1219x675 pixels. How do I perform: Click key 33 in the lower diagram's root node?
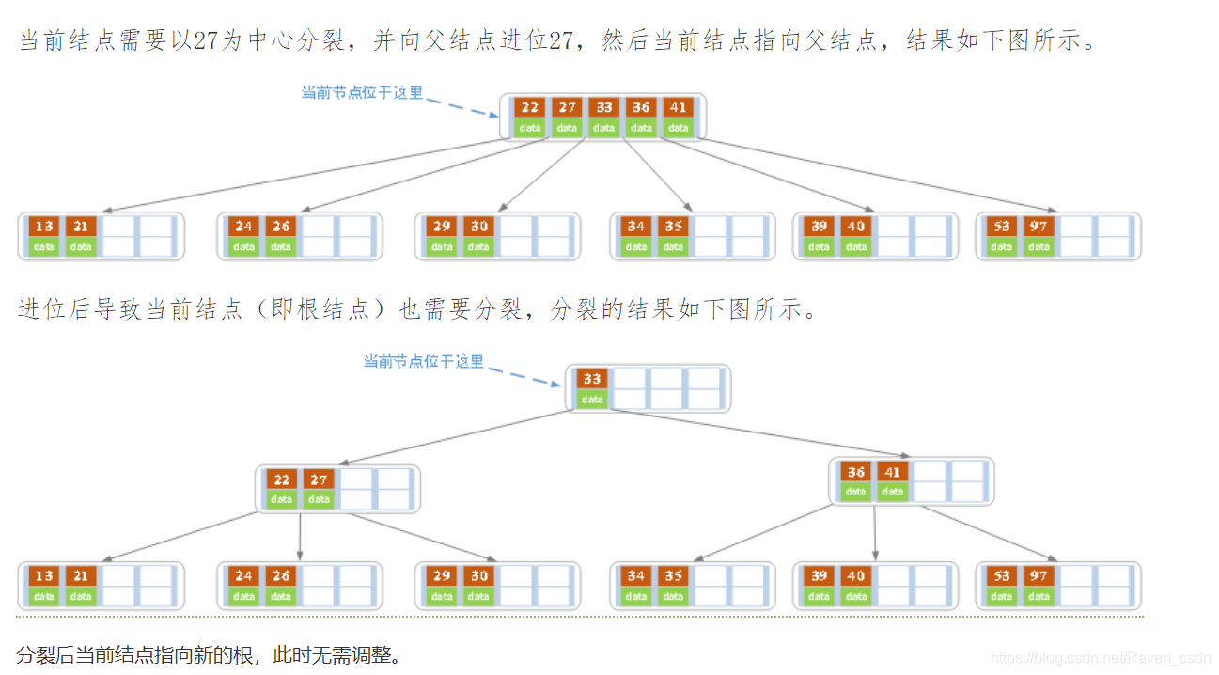(591, 379)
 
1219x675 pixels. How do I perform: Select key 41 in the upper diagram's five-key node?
(678, 107)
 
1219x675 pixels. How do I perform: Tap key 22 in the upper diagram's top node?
(530, 107)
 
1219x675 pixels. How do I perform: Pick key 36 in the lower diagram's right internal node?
(855, 472)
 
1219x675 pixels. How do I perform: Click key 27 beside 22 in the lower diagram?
(319, 479)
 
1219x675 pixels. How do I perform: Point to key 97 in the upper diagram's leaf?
(1038, 226)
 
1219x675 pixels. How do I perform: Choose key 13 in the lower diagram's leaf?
(43, 575)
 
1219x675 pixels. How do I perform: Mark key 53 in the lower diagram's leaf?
(1002, 575)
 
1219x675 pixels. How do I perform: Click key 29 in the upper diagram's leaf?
(442, 226)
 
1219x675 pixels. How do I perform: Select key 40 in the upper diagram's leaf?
(855, 226)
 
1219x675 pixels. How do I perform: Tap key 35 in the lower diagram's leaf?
(673, 575)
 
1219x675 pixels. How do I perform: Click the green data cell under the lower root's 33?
(591, 400)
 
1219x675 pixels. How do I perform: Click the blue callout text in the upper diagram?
(362, 92)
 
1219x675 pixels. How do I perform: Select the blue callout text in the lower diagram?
(424, 361)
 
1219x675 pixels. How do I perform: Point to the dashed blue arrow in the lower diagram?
(526, 373)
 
